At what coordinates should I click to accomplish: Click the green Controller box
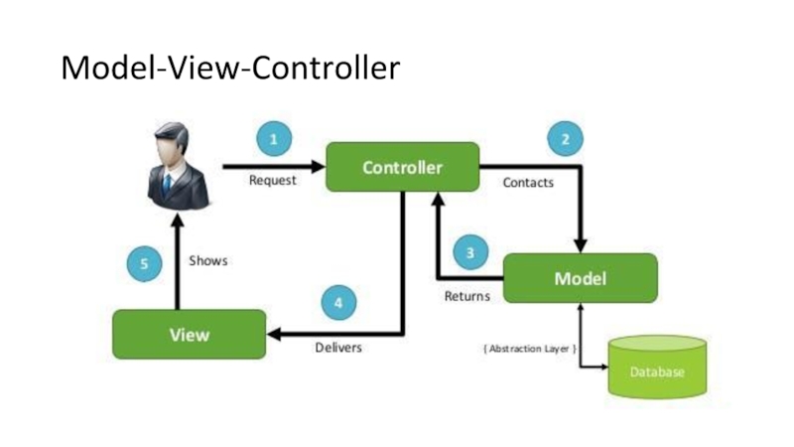403,167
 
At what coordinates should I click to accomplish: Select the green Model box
580,278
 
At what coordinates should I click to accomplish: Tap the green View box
189,334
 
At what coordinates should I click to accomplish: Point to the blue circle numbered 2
565,140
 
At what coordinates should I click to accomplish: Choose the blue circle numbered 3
470,253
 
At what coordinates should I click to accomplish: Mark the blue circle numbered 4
338,302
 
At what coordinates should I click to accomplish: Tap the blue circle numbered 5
145,264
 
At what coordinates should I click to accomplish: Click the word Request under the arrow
272,181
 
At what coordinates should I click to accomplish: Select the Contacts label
528,183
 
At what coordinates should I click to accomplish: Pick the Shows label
208,261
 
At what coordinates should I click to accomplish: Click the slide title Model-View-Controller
230,68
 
